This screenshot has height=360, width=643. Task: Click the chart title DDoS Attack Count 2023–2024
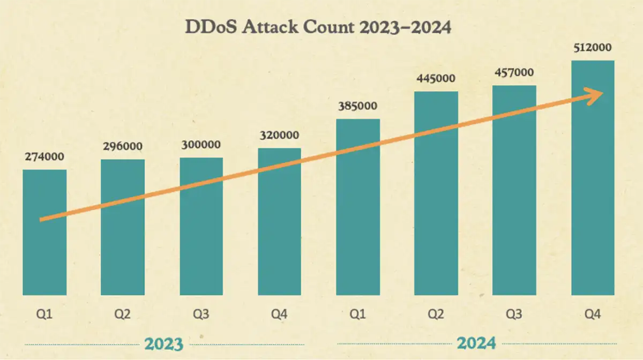point(318,27)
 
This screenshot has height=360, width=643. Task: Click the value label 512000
point(593,48)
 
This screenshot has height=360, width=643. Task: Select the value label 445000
point(436,79)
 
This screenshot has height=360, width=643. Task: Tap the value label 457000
point(514,72)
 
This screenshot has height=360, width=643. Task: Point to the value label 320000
point(280,135)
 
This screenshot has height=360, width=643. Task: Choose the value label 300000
point(201,145)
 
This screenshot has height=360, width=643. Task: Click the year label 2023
point(164,343)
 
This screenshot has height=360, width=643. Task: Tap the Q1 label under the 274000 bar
point(44,314)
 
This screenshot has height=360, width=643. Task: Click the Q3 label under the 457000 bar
point(514,314)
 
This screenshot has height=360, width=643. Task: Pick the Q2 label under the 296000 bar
point(123,314)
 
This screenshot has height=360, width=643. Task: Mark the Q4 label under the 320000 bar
point(280,314)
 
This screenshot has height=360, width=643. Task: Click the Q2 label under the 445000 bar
point(436,314)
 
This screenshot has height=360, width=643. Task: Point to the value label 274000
point(44,157)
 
